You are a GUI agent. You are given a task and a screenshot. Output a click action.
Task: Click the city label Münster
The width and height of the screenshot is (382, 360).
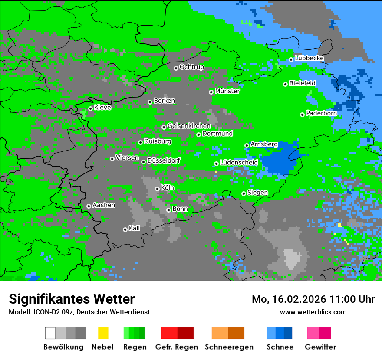pos(227,91)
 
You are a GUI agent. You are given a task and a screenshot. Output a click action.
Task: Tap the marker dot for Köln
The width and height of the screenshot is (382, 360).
pos(157,189)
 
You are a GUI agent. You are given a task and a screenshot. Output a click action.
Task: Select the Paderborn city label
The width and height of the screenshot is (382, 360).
pos(322,113)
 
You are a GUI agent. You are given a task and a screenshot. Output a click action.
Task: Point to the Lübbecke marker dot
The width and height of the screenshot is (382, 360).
pos(291,59)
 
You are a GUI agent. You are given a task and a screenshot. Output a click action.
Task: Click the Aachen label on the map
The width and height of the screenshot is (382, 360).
pos(104,205)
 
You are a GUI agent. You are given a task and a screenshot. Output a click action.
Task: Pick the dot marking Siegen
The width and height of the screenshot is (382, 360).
pos(244,193)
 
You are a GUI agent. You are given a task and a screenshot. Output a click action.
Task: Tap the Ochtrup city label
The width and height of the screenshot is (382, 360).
pos(192,67)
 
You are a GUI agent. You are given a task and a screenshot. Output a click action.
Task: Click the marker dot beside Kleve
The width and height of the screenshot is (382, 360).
pos(90,108)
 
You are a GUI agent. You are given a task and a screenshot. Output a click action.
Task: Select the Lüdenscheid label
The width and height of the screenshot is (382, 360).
pos(239,162)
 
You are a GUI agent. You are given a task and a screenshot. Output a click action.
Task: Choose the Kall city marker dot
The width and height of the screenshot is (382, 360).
pos(125,229)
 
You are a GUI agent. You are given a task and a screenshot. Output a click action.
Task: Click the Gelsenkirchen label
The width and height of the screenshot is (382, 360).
pos(189,126)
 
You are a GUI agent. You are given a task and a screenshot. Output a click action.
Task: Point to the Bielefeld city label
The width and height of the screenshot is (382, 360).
pos(303,83)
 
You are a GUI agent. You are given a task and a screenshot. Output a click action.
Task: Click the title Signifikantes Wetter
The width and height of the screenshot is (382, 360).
pos(72,299)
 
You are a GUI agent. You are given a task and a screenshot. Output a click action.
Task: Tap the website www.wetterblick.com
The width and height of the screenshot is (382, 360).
pos(313,312)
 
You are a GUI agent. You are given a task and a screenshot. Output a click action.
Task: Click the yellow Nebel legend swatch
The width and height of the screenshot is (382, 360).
pos(103,333)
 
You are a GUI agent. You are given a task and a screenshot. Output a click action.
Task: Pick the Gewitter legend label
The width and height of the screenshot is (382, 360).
pos(320,347)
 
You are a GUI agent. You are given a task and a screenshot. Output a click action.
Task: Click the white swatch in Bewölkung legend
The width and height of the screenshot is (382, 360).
pos(50,333)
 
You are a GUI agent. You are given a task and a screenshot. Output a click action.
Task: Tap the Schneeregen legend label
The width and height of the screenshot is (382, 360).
pos(229,347)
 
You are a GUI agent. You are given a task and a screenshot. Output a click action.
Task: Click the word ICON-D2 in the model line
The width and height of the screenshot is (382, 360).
pos(43,312)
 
